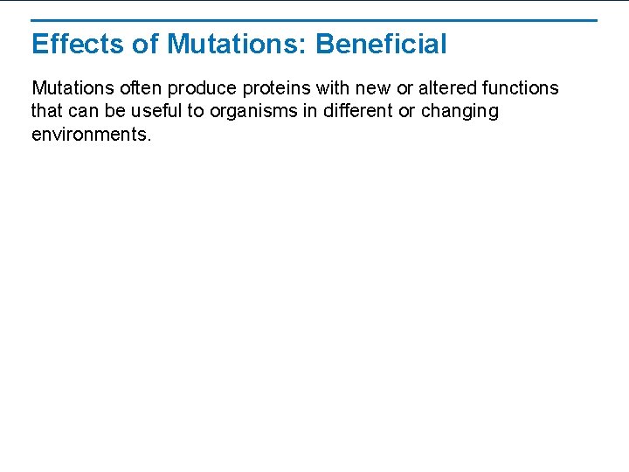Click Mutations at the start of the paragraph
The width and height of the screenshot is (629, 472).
(71, 88)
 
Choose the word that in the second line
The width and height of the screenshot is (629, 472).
(45, 112)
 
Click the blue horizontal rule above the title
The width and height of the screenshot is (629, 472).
(314, 20)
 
